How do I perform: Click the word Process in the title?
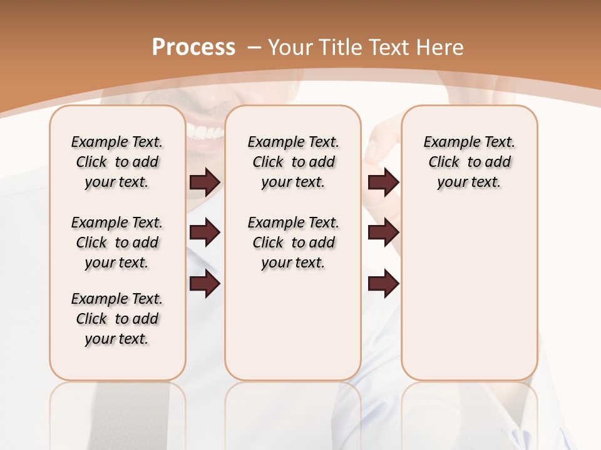193,47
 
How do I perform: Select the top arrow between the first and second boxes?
205,182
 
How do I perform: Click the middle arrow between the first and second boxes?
205,233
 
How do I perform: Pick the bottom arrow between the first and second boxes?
205,284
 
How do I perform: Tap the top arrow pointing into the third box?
383,182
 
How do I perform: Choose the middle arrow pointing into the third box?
383,233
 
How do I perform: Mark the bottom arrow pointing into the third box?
383,284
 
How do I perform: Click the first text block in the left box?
117,162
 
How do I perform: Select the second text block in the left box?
117,242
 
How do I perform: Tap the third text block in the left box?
117,319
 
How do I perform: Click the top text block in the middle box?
293,162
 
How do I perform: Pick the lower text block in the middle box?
293,242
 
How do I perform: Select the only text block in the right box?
469,162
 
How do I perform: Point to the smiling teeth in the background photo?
205,132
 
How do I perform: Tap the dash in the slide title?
254,47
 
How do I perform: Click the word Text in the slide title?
389,47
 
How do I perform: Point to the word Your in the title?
292,47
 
